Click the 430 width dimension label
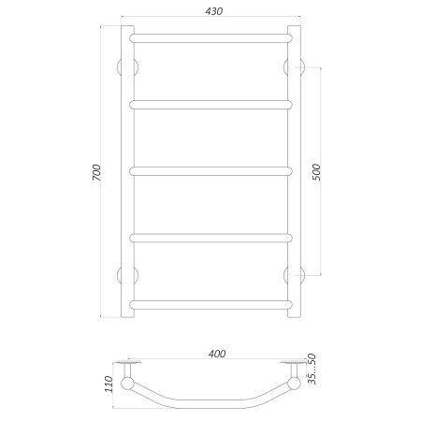tap(214, 11)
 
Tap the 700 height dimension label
tap(96, 173)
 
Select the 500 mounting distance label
tap(316, 172)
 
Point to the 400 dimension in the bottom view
tap(217, 354)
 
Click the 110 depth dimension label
tap(109, 384)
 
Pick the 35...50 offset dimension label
tap(312, 369)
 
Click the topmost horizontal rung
tap(211, 38)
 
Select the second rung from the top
tap(211, 105)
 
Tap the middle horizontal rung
tap(211, 171)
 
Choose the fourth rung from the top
tap(211, 238)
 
